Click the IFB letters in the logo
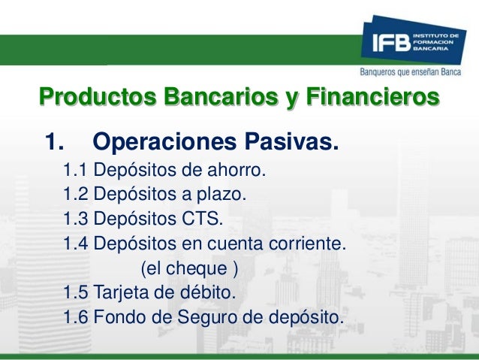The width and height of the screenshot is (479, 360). click(384, 43)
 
